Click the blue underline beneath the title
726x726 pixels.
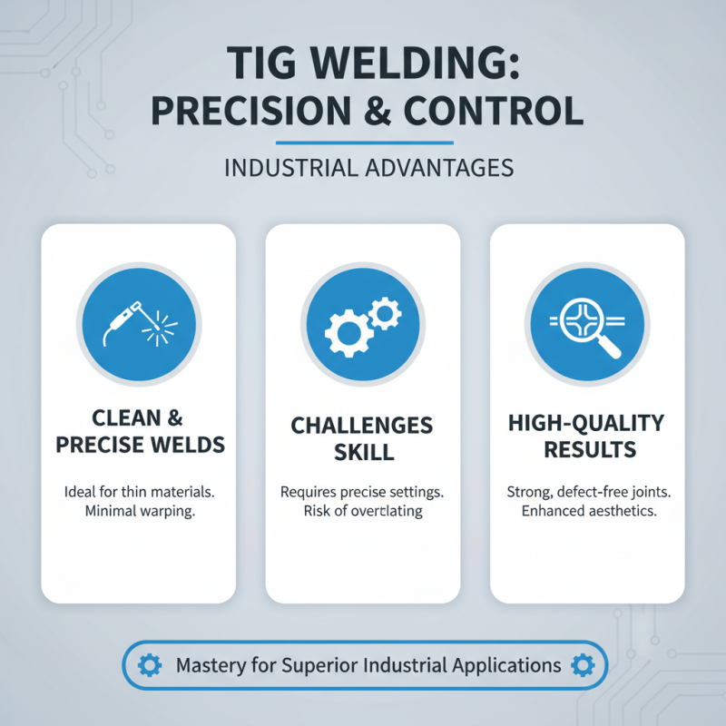point(363,142)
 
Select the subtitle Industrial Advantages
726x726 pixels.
point(363,169)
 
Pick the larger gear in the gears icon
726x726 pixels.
point(349,333)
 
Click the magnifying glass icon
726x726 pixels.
point(588,325)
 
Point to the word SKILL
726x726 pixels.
point(363,451)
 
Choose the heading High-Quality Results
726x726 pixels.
point(586,436)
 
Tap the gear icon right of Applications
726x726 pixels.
point(581,665)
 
